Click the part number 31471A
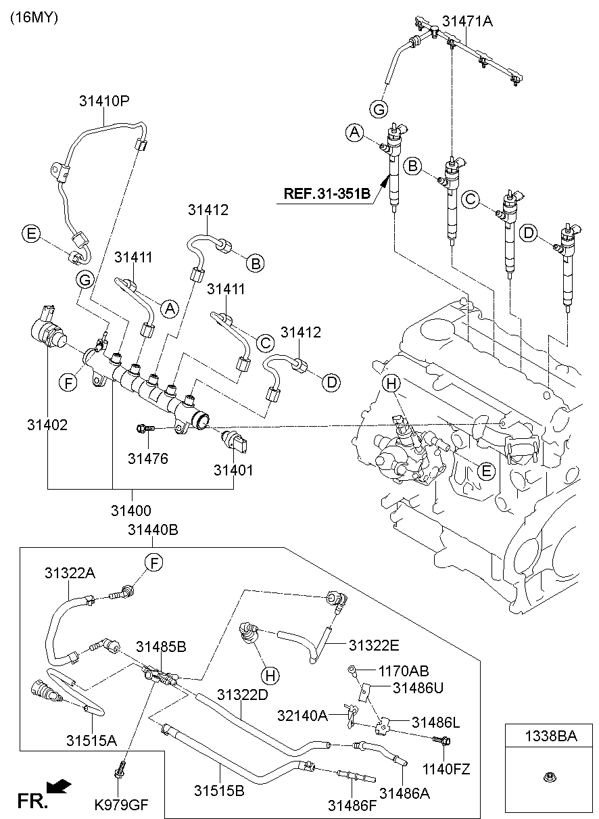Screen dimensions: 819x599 pos(467,21)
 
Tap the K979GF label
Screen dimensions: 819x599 pos(121,805)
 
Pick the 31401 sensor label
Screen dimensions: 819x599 pos(233,469)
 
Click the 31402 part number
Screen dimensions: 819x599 pos(47,425)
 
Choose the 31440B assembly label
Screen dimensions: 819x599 pos(153,531)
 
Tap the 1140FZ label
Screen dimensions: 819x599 pos(446,769)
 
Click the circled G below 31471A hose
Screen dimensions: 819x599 pos(380,108)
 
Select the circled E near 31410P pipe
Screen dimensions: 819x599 pos(30,234)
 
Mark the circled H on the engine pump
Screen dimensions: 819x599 pos(390,384)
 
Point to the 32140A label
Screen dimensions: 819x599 pos(302,715)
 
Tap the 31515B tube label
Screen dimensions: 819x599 pos(219,789)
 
